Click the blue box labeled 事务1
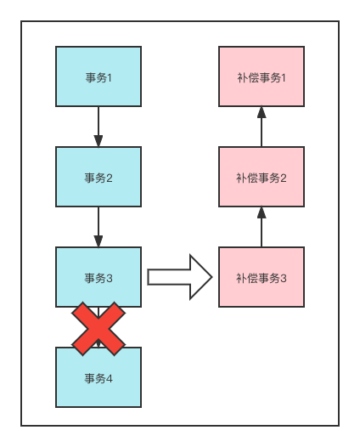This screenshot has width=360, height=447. [x=98, y=76]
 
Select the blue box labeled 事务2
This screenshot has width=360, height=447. [x=98, y=177]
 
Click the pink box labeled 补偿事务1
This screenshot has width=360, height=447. [x=261, y=76]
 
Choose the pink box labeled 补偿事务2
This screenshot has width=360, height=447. [x=261, y=177]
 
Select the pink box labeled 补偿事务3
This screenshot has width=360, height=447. [x=261, y=277]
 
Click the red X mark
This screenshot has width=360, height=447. [x=98, y=328]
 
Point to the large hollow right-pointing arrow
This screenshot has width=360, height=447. [x=179, y=277]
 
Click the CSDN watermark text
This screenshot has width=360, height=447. [x=263, y=433]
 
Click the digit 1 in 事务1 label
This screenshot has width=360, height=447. [x=110, y=77]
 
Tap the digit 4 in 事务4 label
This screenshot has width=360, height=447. [x=110, y=378]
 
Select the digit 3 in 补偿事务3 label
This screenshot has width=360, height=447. [x=283, y=278]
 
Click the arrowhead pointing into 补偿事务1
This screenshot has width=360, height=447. [x=262, y=112]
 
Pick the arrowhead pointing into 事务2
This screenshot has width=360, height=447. [x=98, y=141]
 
